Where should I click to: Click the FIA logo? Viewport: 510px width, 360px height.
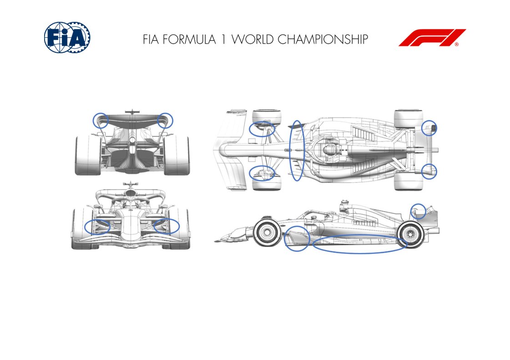pos(67,37)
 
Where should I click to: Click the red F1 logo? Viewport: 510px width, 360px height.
pos(432,38)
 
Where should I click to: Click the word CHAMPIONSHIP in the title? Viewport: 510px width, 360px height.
pos(323,39)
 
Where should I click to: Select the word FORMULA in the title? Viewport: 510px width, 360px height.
pos(189,39)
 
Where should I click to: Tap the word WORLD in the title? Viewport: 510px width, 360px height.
pos(252,39)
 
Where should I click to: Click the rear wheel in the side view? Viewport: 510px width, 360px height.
pos(410,234)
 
